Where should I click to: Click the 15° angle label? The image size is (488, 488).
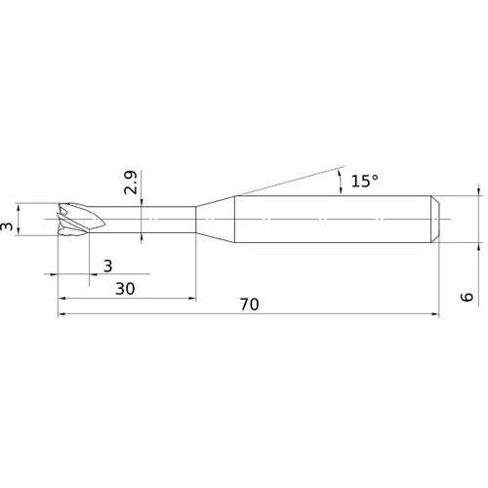364,181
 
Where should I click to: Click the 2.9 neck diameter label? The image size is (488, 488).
131,183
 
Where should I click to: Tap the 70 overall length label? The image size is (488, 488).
250,305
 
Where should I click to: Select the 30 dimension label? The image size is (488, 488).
125,289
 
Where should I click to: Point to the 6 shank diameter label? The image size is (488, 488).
467,297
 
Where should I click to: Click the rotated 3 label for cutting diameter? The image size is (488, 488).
6,226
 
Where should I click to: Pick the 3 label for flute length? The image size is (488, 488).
108,265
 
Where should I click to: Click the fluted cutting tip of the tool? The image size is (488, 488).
81,219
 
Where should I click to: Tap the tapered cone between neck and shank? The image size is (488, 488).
215,219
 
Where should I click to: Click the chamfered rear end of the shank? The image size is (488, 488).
435,219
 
